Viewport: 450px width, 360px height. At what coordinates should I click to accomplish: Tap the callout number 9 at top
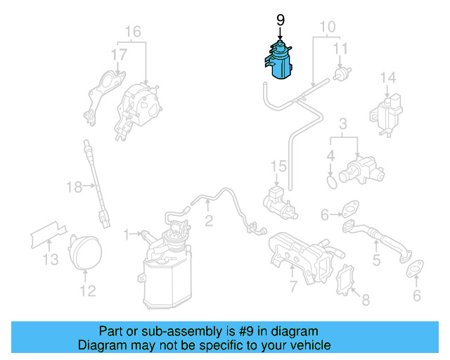(x=280, y=20)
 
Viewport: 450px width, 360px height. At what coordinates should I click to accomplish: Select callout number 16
(x=133, y=31)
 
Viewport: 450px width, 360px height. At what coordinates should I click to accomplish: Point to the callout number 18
(x=74, y=186)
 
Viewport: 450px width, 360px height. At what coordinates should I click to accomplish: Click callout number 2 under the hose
(x=209, y=221)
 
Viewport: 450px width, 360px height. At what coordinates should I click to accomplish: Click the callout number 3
(x=343, y=124)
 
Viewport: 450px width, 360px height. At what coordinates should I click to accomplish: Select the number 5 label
(x=376, y=261)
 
